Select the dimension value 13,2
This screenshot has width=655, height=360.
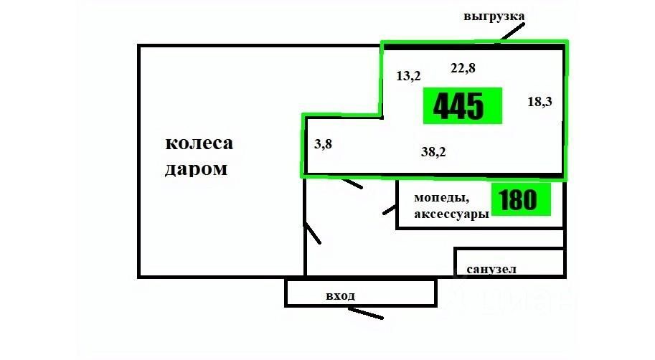408,75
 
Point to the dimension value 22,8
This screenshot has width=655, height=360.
463,68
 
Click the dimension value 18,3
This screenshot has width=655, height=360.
539,102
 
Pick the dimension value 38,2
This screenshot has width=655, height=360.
433,151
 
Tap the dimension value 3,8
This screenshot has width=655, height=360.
323,143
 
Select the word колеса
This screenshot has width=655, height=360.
199,143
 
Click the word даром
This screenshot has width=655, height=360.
196,170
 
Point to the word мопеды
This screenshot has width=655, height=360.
441,197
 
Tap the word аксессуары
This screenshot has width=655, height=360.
451,214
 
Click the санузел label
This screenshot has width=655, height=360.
491,270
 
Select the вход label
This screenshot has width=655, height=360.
340,295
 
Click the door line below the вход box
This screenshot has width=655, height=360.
365,313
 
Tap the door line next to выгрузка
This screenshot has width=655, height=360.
513,31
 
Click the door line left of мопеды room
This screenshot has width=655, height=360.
390,209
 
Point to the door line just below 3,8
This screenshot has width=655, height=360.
351,184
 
